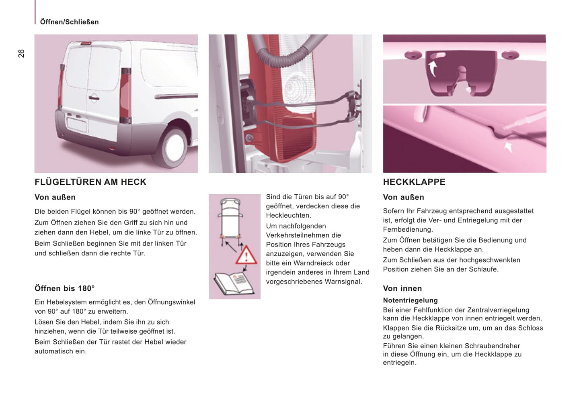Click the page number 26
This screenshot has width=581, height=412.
21,53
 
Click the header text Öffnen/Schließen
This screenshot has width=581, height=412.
69,22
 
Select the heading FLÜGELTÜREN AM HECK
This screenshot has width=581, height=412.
90,182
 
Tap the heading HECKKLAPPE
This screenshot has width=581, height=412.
414,182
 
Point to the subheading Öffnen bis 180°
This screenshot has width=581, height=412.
65,288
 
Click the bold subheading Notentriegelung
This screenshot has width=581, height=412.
410,300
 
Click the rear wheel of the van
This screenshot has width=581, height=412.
175,147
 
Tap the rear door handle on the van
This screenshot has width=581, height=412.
94,98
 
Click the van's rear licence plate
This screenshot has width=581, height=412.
76,124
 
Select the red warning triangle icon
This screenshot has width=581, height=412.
246,255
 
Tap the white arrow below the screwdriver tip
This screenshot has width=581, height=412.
509,147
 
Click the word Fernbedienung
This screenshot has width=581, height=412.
407,230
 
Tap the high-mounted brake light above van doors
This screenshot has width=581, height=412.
86,43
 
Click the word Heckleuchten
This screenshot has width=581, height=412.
288,215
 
